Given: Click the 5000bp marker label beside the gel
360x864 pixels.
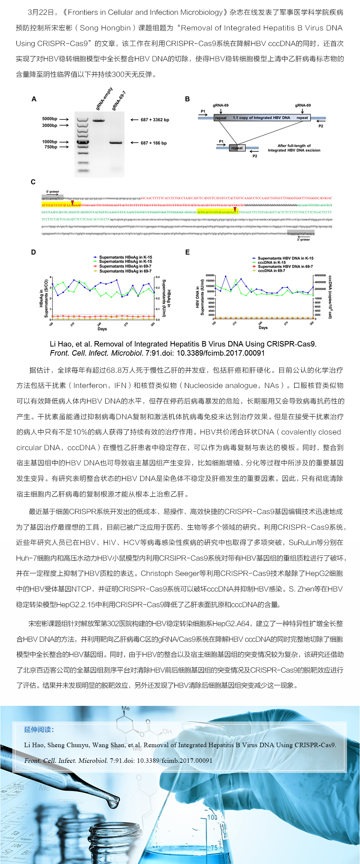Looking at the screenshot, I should tap(49, 119).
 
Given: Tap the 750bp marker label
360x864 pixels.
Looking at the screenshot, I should tap(51, 147).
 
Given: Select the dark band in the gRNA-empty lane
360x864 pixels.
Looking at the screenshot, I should tap(99, 120).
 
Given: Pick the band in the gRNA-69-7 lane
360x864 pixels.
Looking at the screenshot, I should tap(116, 143).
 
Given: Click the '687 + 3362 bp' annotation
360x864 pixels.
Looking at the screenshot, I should tap(155, 120).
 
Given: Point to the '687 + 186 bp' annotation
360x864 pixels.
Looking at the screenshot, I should tap(154, 143).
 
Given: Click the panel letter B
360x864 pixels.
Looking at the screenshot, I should tap(187, 99).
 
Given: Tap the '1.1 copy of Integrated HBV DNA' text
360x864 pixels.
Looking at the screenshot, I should tap(261, 118).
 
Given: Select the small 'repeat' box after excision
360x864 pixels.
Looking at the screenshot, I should tap(237, 148).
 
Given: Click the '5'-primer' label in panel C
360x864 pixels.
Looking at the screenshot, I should tap(52, 192).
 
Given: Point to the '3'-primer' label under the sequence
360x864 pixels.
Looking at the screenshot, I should tap(303, 240).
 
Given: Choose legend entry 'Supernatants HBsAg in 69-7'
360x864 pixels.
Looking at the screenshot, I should tap(125, 271).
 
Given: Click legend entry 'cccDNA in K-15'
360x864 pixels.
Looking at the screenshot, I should tap(272, 262).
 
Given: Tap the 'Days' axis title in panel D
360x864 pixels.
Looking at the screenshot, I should tap(102, 329).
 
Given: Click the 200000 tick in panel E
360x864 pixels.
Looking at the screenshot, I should tap(210, 275).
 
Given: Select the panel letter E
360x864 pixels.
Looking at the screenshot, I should tap(187, 252).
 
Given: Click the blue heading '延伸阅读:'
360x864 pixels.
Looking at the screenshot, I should tap(39, 730).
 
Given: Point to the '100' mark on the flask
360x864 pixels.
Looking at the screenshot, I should tap(212, 817).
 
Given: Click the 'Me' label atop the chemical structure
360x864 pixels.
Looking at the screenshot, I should tap(126, 708).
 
